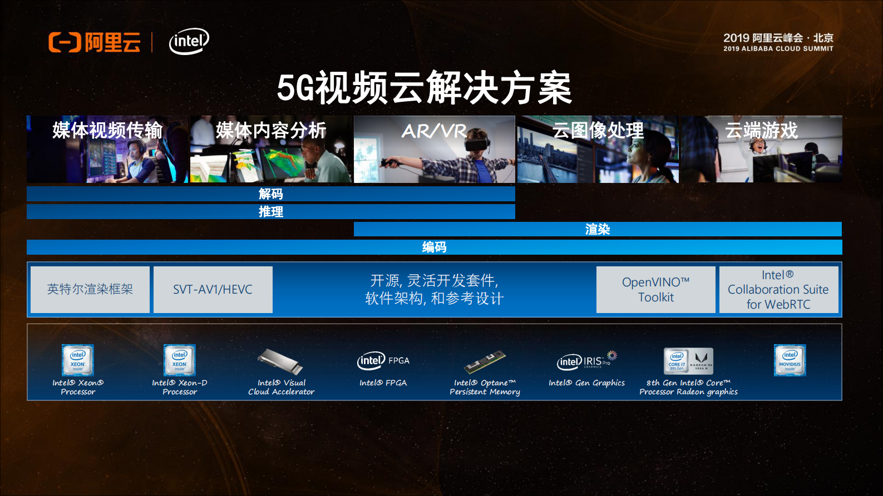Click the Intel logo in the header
tap(189, 42)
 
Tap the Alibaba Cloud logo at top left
tap(95, 42)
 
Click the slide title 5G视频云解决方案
tap(424, 88)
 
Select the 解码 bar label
tap(271, 194)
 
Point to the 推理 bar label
tap(271, 212)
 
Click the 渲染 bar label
tap(598, 230)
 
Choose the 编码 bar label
tap(434, 247)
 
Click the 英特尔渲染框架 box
tap(90, 290)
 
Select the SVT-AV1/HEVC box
tap(213, 290)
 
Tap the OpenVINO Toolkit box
tap(655, 290)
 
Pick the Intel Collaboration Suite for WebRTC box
tap(778, 290)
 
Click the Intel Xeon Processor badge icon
tap(78, 360)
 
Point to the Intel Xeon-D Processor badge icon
tap(179, 360)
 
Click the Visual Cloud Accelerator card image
tap(281, 361)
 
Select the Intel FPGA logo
tap(383, 361)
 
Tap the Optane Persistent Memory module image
tap(485, 361)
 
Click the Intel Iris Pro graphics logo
tap(587, 361)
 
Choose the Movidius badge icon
tap(790, 360)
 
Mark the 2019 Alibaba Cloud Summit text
tap(778, 42)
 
